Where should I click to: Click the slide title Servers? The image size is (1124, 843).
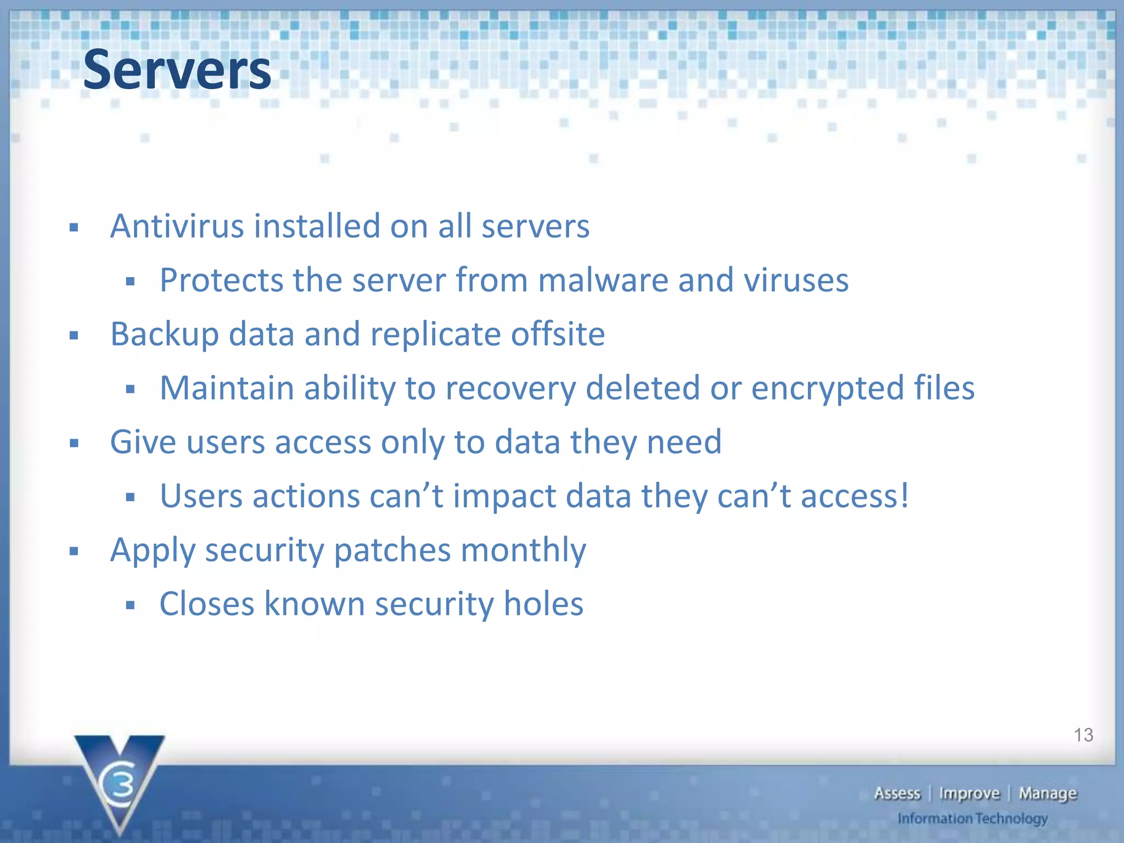pos(177,70)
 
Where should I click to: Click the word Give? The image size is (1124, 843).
pos(143,442)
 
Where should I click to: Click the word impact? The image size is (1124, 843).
pos(504,496)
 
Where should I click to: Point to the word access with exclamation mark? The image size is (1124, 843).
pos(855,496)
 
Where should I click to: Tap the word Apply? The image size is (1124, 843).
pos(153,550)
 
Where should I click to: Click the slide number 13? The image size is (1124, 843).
pos(1083,735)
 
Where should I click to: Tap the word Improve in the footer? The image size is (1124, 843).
pos(969,794)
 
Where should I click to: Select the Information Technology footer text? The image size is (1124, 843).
pos(972,819)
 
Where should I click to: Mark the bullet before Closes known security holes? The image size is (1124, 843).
pos(130,605)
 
